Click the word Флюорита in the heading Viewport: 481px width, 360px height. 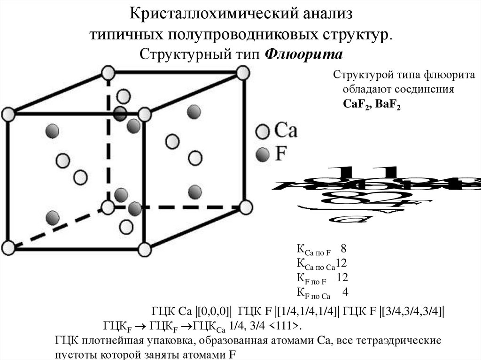pos(304,54)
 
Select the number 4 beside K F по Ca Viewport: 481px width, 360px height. pos(345,292)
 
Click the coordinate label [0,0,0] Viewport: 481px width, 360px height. pos(214,312)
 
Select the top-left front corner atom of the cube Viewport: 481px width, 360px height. pos(8,114)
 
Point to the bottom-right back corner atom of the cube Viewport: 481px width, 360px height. pos(245,207)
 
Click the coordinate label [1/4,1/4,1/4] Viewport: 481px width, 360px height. pos(307,312)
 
